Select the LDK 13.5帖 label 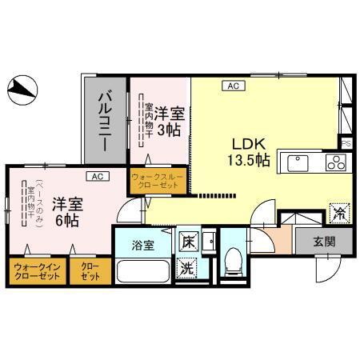click(250, 151)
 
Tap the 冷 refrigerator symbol click(338, 214)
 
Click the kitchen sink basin click(298, 163)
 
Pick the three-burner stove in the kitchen click(334, 162)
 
